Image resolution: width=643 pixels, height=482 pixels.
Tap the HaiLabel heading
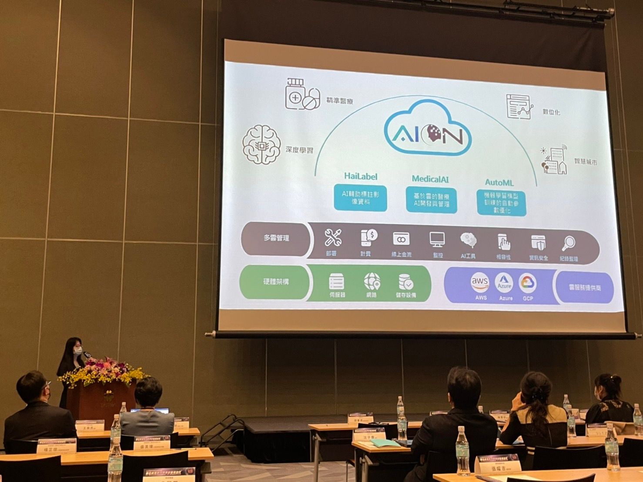tap(360, 176)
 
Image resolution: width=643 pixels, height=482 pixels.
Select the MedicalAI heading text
tap(430, 179)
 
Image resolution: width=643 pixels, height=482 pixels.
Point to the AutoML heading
tap(499, 182)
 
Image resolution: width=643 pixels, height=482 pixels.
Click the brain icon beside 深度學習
tap(260, 145)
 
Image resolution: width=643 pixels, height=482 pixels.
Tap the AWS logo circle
tap(480, 283)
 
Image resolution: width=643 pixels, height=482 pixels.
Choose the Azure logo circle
tap(505, 283)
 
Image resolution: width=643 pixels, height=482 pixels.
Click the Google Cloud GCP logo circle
tap(527, 284)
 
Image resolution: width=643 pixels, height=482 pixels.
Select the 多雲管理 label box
tap(276, 238)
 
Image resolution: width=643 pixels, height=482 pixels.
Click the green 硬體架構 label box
tap(276, 282)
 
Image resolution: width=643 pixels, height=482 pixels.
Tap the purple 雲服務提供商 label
tap(585, 288)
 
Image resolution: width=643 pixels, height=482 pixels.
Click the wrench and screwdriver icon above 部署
tap(333, 238)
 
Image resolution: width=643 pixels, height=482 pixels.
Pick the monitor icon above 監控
tap(437, 239)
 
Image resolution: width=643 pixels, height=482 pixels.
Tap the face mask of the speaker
tap(78, 351)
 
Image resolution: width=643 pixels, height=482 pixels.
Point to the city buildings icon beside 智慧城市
tap(553, 161)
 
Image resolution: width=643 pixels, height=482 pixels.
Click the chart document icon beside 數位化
tap(519, 106)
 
